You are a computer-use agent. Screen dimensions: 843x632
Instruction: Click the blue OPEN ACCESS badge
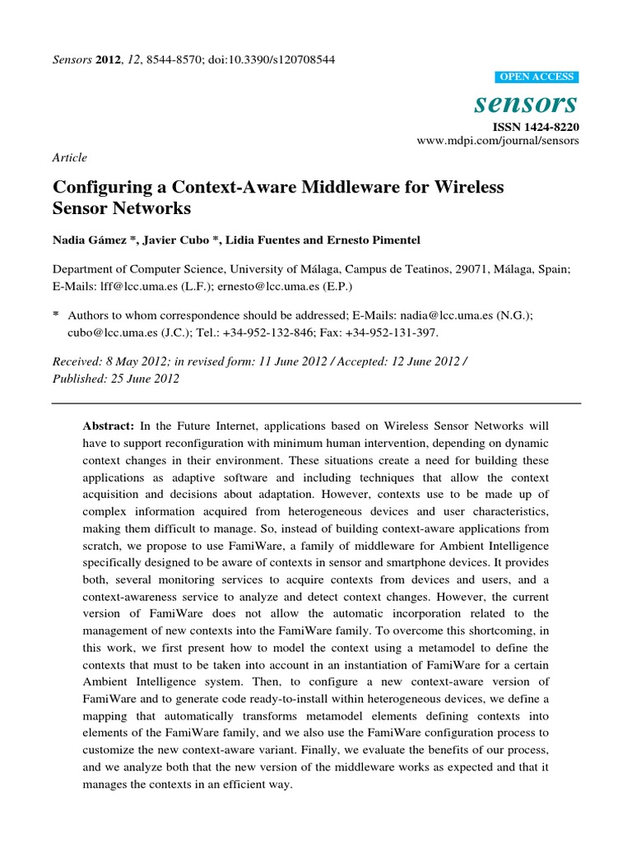point(537,77)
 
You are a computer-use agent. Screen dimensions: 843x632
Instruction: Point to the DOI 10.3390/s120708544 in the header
point(281,60)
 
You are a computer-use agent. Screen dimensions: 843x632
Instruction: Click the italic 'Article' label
point(69,157)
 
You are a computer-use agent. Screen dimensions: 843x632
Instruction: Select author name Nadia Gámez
point(88,240)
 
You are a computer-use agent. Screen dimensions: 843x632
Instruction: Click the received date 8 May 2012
point(133,362)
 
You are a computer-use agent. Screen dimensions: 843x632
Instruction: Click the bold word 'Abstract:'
point(109,426)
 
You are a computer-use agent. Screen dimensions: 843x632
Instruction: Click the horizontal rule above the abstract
point(316,403)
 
